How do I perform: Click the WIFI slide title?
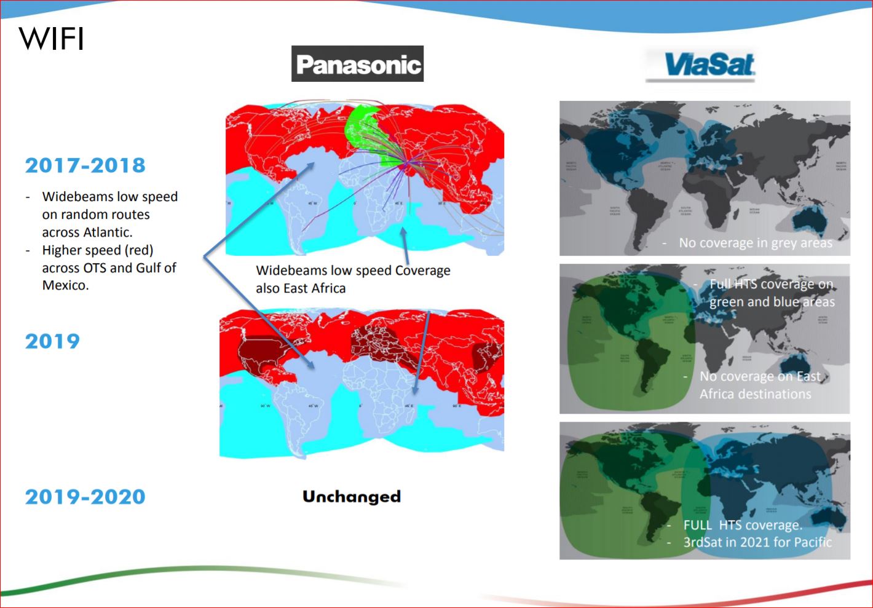pyautogui.click(x=52, y=39)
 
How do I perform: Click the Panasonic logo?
pyautogui.click(x=357, y=64)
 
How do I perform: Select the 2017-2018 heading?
pyautogui.click(x=85, y=165)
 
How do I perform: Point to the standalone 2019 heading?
pyautogui.click(x=52, y=341)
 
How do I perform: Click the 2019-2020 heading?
pyautogui.click(x=85, y=497)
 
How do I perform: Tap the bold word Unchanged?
pyautogui.click(x=351, y=497)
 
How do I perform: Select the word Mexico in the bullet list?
pyautogui.click(x=65, y=285)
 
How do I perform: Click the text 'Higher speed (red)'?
pyautogui.click(x=97, y=250)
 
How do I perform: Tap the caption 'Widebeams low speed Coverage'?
pyautogui.click(x=353, y=270)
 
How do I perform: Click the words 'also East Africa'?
pyautogui.click(x=301, y=288)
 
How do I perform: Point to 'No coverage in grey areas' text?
pyautogui.click(x=755, y=243)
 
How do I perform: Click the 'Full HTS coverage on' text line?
pyautogui.click(x=771, y=284)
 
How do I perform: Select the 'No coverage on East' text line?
pyautogui.click(x=760, y=376)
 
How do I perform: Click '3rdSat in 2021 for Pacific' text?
pyautogui.click(x=757, y=542)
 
